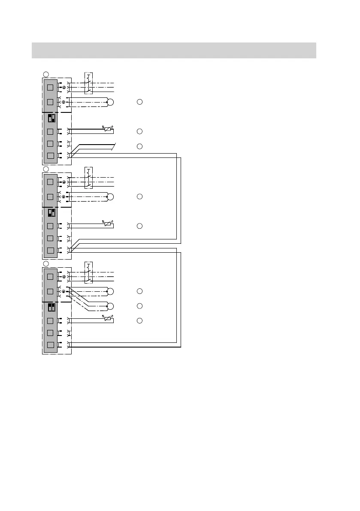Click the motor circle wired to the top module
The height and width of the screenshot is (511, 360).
(110, 102)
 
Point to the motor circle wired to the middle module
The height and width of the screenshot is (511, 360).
(110, 197)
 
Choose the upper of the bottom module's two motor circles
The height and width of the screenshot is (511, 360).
(110, 292)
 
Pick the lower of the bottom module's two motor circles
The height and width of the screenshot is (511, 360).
(110, 306)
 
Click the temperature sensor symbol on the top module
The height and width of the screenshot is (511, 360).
(107, 129)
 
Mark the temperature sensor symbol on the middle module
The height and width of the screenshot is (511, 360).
(107, 224)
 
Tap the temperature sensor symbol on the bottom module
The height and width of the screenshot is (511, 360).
(107, 318)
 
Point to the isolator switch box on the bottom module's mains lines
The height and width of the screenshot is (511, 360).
(89, 272)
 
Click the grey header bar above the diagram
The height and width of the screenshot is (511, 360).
(174, 50)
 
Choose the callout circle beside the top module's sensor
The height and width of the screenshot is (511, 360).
(139, 131)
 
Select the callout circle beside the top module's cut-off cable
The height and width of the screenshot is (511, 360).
(139, 146)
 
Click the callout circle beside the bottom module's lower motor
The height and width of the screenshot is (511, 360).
(139, 306)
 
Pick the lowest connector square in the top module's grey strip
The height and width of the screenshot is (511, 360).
(50, 156)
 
